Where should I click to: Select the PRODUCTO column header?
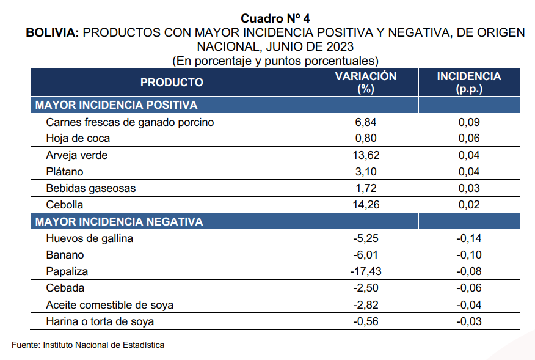pos(172,83)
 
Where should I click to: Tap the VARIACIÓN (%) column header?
pos(366,83)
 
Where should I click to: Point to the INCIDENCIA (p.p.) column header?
pos(469,83)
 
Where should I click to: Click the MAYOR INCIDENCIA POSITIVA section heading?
pos(116,105)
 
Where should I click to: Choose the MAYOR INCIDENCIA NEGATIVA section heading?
pos(119,221)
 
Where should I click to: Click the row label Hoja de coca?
pos(78,139)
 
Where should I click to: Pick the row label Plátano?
pos(64,172)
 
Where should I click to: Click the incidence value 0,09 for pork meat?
pos(469,122)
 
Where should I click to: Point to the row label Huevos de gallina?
pos(89,238)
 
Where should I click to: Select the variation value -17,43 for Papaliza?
pos(365,271)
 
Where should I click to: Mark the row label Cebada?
pos(65,288)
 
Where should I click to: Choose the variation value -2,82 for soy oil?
pos(365,304)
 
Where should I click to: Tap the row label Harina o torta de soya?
pos(100,321)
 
